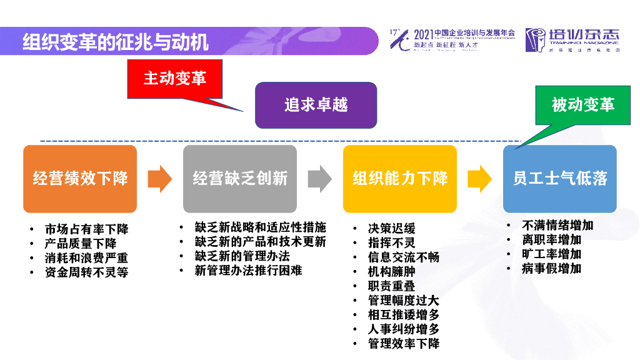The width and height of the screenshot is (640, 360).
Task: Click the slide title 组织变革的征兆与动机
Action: [116, 42]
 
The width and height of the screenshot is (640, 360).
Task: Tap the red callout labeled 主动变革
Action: [174, 78]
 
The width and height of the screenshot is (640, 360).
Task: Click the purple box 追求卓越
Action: [316, 105]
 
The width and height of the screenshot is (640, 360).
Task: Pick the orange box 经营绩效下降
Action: [80, 179]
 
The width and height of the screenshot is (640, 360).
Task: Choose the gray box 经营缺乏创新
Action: [240, 179]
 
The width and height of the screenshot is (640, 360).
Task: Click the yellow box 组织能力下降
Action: [400, 179]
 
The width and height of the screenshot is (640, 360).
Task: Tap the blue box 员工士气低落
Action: [560, 179]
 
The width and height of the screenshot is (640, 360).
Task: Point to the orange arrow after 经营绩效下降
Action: [159, 179]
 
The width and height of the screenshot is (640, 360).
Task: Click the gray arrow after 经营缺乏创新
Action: [320, 179]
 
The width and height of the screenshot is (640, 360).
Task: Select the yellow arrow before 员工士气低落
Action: [479, 179]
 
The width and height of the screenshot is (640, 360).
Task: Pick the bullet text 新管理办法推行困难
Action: [249, 271]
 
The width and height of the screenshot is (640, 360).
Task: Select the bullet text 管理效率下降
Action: [404, 343]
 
